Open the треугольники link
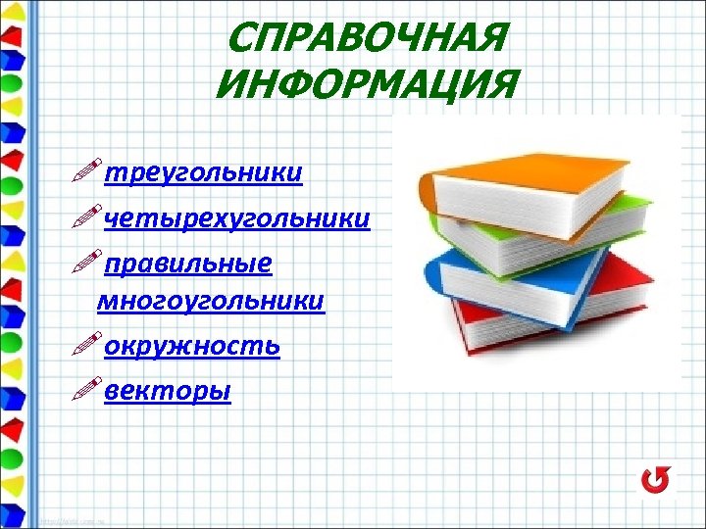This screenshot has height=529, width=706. point(203,172)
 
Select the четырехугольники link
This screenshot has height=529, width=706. point(236,218)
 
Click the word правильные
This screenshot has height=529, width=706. point(187,264)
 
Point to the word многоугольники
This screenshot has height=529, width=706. point(210,300)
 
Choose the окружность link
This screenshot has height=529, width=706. point(192,346)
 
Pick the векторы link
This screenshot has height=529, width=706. point(167,391)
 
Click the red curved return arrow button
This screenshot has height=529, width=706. point(655,480)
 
